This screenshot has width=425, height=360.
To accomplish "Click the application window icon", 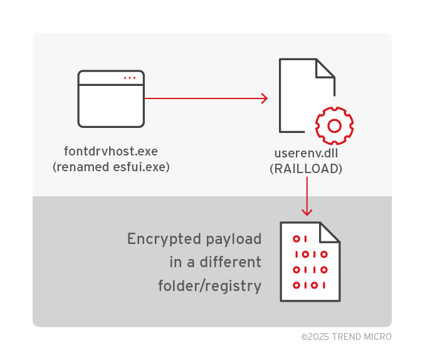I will tap(111, 98).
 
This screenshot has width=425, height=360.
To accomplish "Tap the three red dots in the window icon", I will tap(129, 78).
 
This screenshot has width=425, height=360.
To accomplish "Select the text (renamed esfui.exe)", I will tap(111, 167).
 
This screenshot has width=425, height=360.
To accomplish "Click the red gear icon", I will tap(334, 126).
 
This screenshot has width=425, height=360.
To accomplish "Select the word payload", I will tap(233, 239).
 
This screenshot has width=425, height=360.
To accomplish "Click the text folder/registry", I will tap(209, 286).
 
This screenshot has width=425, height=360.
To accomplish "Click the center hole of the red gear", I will tap(334, 126).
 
